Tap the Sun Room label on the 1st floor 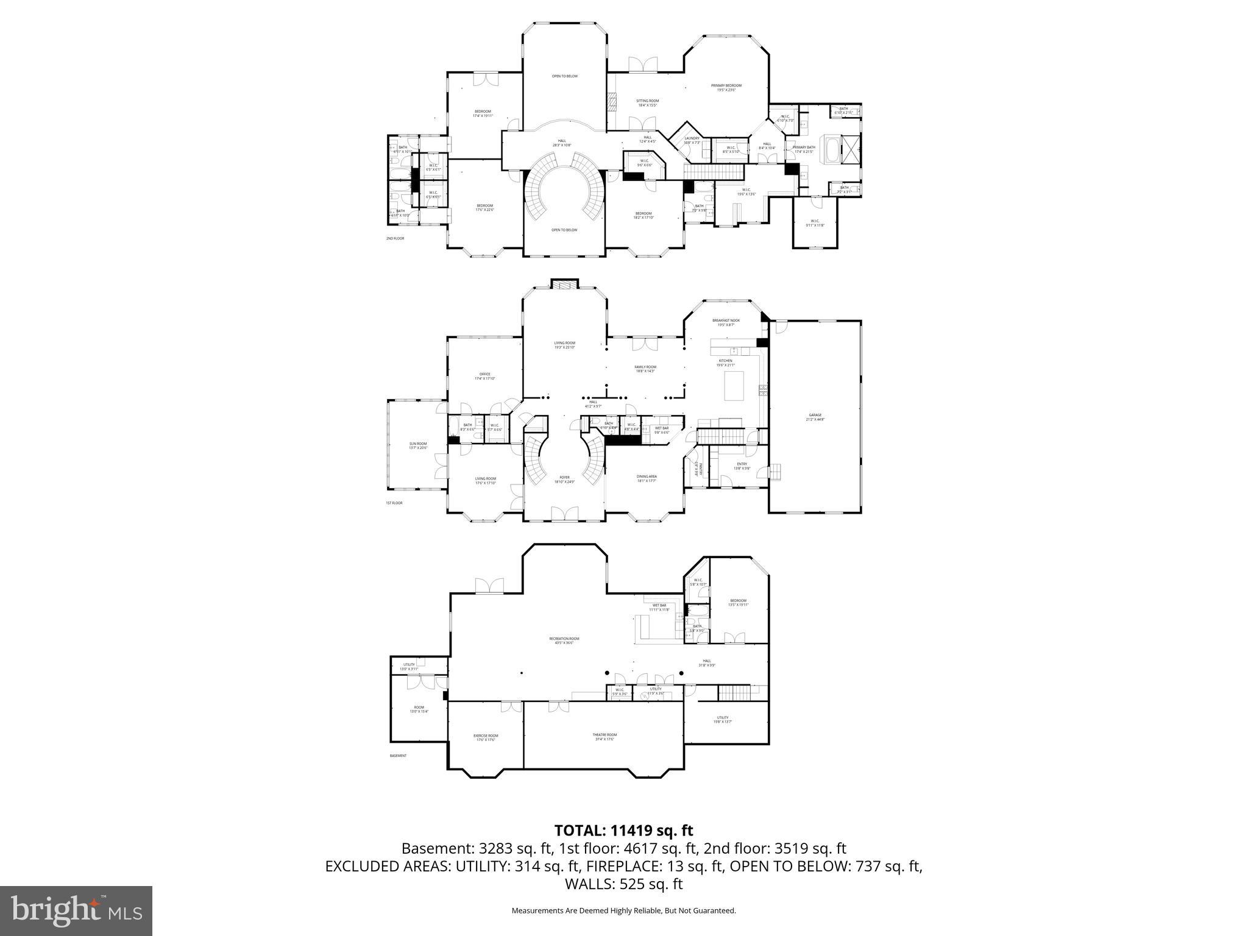point(418,445)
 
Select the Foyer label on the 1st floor point(564,479)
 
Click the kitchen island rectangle point(734,386)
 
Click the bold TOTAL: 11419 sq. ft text point(623,831)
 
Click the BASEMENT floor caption point(397,756)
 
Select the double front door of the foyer point(564,514)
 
